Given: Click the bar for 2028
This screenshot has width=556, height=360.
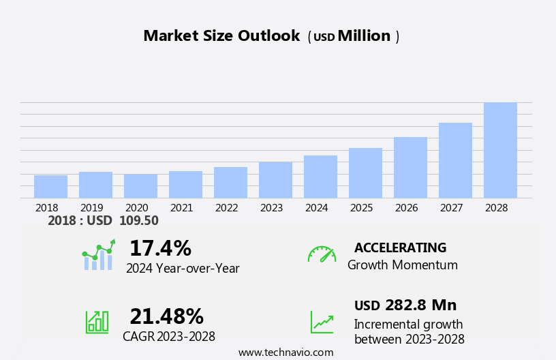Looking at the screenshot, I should pyautogui.click(x=500, y=151).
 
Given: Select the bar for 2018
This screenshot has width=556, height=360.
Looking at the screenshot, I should pyautogui.click(x=50, y=187).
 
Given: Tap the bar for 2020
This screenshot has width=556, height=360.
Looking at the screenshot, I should pyautogui.click(x=140, y=186).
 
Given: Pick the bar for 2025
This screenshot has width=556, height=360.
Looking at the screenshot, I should pyautogui.click(x=365, y=173).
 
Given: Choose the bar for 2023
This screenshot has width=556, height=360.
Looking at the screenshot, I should pyautogui.click(x=275, y=180).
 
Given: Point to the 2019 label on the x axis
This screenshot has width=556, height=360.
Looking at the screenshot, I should pyautogui.click(x=91, y=207).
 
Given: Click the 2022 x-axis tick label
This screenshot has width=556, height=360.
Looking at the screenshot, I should pyautogui.click(x=226, y=207).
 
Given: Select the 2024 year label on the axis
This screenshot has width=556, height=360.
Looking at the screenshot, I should pyautogui.click(x=316, y=207).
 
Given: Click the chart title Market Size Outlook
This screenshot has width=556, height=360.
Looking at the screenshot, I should pyautogui.click(x=221, y=36).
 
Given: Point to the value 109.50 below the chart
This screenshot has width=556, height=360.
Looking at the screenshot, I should pyautogui.click(x=138, y=221).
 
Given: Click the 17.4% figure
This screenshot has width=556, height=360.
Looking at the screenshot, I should pyautogui.click(x=160, y=248).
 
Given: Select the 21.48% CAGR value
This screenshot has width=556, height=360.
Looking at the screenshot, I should pyautogui.click(x=166, y=316).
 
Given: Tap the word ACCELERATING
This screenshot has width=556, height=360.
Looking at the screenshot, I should pyautogui.click(x=400, y=247).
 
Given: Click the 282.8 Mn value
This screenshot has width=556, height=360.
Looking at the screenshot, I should pyautogui.click(x=420, y=305).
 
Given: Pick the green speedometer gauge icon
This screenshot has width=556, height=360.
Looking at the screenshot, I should pyautogui.click(x=322, y=254).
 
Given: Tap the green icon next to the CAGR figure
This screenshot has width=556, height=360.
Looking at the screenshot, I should pyautogui.click(x=97, y=321).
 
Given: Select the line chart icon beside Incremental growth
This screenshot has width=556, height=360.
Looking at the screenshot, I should pyautogui.click(x=322, y=322).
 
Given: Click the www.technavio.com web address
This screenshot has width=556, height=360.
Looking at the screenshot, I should pyautogui.click(x=285, y=352).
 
